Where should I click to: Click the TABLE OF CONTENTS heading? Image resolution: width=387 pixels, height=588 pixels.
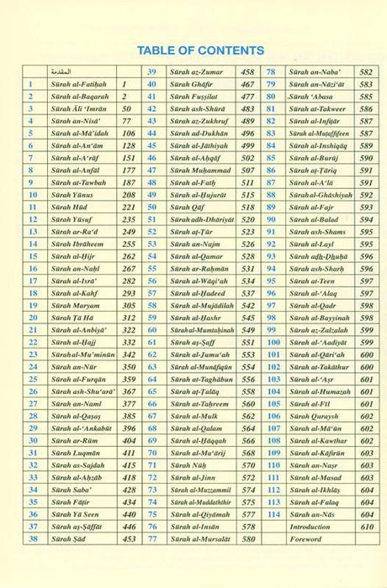tap(200, 50)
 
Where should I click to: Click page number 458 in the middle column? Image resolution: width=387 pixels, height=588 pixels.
tap(247, 73)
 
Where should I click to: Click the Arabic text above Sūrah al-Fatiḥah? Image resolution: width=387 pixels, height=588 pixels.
tap(75, 73)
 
